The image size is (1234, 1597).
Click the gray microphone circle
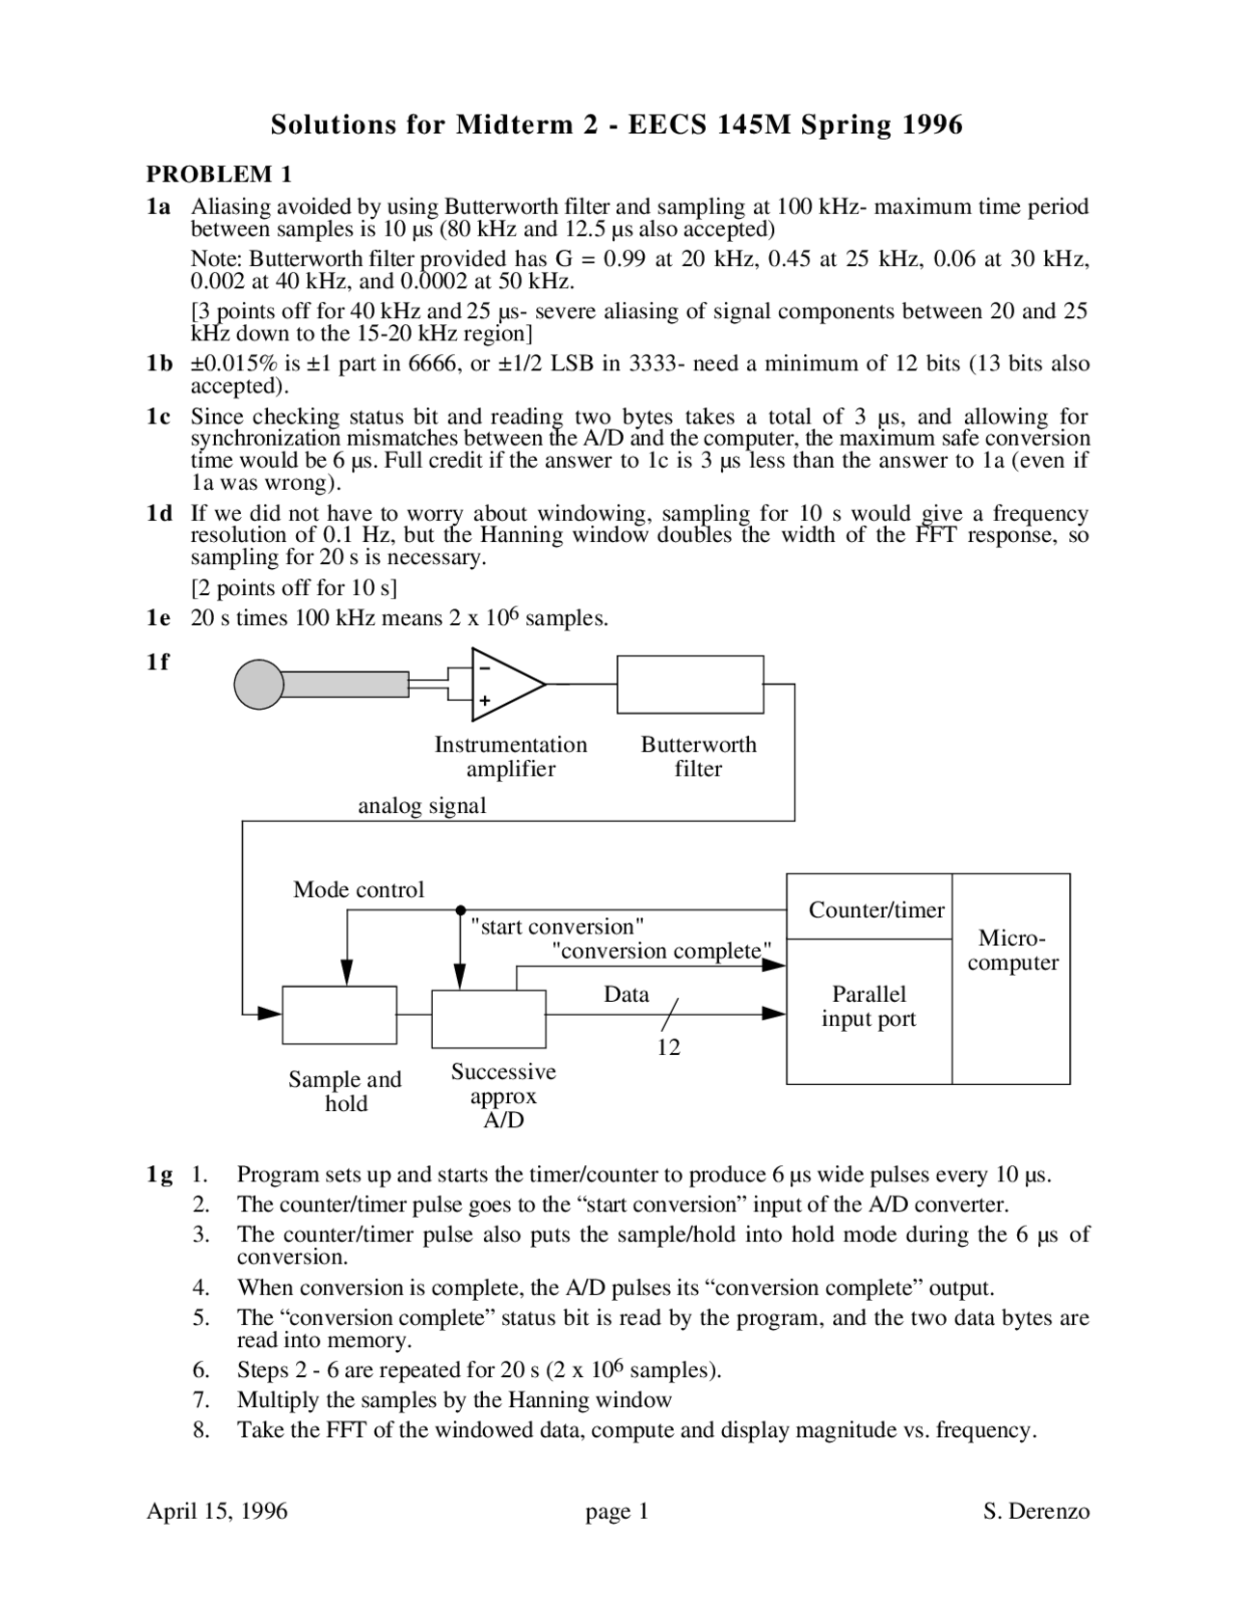(259, 684)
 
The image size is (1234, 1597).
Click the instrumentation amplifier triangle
(502, 684)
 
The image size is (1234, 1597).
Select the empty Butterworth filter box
(690, 684)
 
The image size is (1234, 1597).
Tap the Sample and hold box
(339, 1015)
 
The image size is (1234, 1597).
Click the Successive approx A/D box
(489, 1018)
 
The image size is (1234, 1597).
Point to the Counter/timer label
(876, 909)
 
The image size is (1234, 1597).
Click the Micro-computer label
(1012, 950)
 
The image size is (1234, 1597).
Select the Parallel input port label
(869, 1006)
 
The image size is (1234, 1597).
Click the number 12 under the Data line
(668, 1047)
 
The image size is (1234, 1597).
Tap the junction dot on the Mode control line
(461, 909)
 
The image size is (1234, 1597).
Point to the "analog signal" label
(421, 805)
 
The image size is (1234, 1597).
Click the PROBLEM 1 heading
(218, 174)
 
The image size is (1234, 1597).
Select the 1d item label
(159, 513)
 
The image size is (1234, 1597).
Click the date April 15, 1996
(217, 1511)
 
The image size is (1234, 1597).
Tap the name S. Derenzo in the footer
(1036, 1511)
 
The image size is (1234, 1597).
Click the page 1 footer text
(617, 1511)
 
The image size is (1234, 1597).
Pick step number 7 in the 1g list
(201, 1399)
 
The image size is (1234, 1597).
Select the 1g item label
(159, 1175)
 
